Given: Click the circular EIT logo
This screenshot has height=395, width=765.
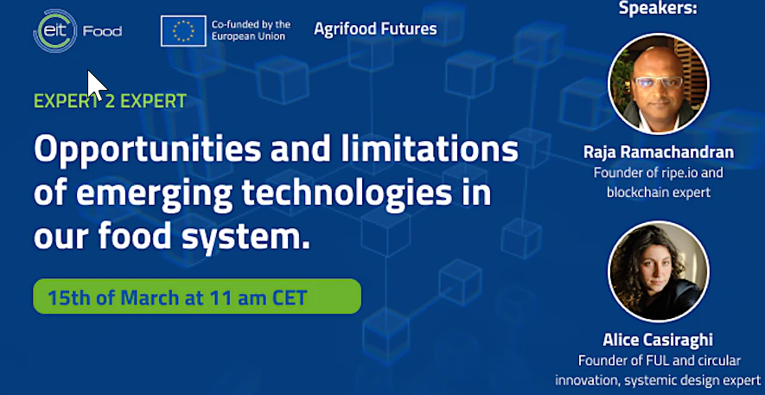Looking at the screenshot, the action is (x=54, y=31).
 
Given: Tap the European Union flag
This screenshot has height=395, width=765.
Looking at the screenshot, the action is (x=183, y=31).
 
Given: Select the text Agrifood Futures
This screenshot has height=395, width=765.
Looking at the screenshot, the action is (x=375, y=29).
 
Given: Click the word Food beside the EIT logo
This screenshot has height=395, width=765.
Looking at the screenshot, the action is (x=103, y=32).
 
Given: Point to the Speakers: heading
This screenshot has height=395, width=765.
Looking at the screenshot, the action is (x=658, y=9).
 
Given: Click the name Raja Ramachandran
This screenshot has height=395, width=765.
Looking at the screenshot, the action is (x=659, y=152).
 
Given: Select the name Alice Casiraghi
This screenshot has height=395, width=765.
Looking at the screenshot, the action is (x=658, y=340).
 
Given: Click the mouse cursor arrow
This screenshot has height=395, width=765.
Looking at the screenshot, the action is (x=96, y=86).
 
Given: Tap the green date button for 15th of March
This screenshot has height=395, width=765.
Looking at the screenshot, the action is (x=197, y=296).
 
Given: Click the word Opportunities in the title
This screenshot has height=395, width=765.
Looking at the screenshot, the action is (x=147, y=150).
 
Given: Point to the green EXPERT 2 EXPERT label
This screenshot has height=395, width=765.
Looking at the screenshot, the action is (x=110, y=101).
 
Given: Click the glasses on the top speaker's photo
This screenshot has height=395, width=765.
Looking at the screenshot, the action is (x=658, y=82).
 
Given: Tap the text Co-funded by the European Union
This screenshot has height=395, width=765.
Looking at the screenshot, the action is (x=251, y=30).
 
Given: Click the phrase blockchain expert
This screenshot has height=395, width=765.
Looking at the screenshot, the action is (x=658, y=192).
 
